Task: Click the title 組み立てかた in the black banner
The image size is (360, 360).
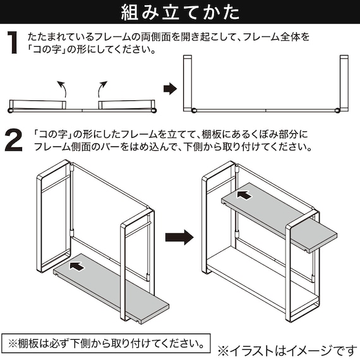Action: tap(180, 13)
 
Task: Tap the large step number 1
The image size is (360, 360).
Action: tap(13, 42)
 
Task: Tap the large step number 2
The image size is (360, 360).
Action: tap(13, 140)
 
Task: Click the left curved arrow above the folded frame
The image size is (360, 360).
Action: tap(62, 89)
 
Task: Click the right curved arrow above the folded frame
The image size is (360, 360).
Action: tap(102, 89)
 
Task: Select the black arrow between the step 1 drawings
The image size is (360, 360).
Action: tap(170, 89)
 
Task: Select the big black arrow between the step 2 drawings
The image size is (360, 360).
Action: tap(179, 237)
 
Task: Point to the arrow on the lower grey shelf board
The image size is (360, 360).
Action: tap(77, 267)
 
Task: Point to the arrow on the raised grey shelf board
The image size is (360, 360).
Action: tap(244, 195)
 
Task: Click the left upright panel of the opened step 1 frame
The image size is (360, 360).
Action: tap(188, 83)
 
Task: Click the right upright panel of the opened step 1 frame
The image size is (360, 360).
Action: tap(344, 83)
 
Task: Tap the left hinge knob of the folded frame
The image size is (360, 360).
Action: tap(10, 111)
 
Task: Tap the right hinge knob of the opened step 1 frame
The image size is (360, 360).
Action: tap(337, 110)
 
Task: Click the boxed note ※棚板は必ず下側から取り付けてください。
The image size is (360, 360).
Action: tap(106, 344)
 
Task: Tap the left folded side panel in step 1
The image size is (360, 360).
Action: tap(38, 105)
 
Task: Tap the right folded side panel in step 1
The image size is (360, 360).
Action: tap(126, 105)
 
